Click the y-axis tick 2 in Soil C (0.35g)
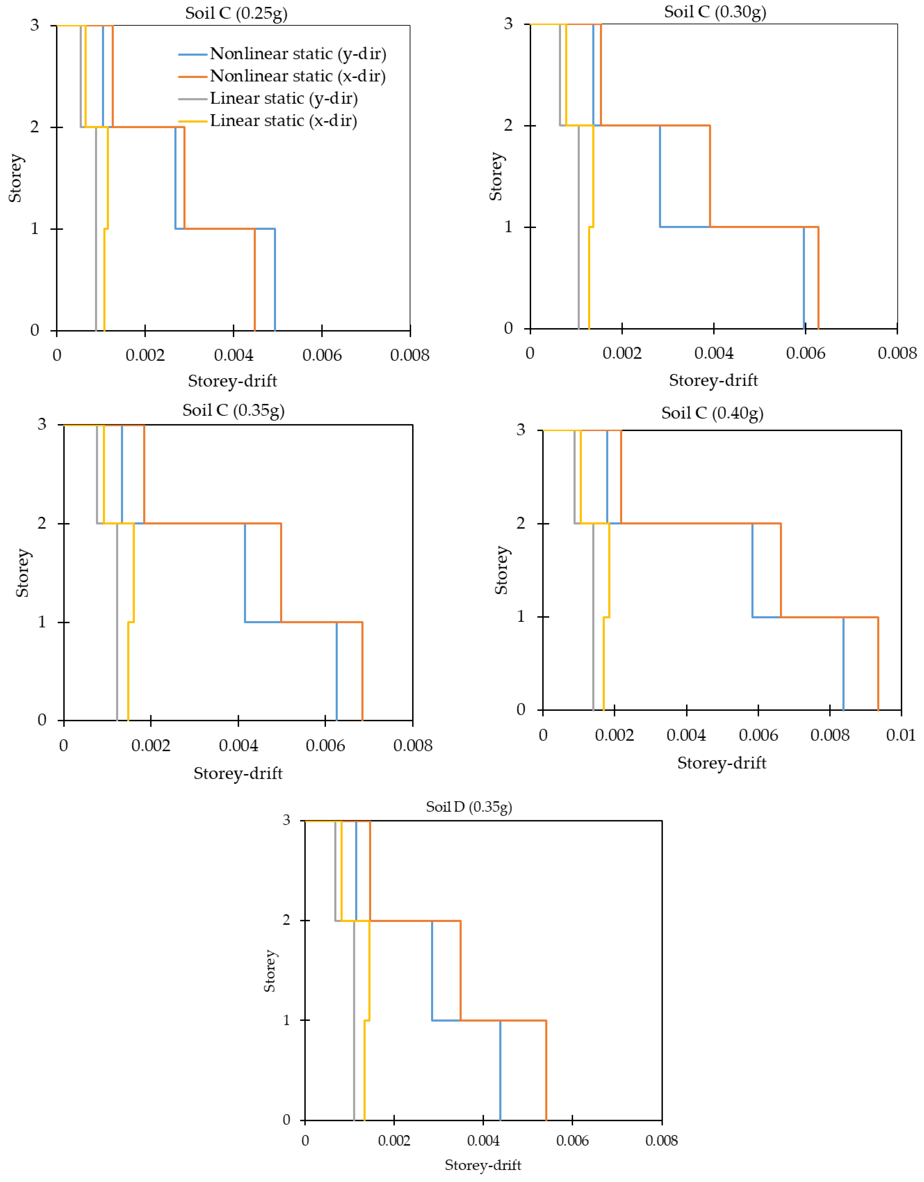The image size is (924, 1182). (x=42, y=523)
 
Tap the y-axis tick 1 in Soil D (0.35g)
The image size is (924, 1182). (x=287, y=1020)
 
